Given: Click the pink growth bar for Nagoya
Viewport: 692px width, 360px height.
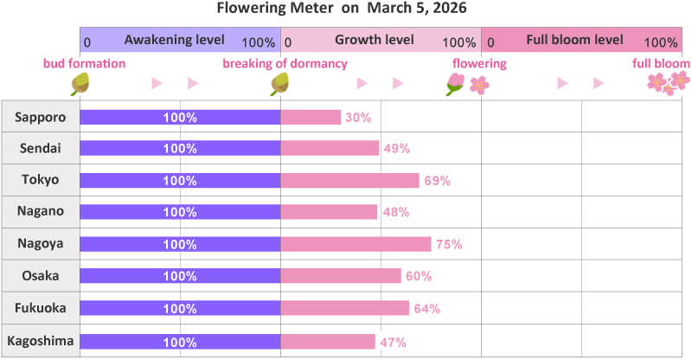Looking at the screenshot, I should (x=356, y=244).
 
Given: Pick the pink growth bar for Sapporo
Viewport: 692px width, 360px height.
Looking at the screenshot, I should (x=311, y=117).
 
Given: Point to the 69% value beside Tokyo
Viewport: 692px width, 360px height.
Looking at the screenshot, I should (x=437, y=181).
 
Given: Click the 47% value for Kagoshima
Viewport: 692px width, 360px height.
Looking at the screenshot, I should (x=393, y=342).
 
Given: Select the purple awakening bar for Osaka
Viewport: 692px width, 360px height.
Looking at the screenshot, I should (x=180, y=276).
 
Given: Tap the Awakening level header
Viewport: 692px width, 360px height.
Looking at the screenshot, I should (x=174, y=41).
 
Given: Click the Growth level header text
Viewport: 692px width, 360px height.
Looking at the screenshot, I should (x=374, y=41).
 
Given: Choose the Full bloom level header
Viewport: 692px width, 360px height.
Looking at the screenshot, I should (x=574, y=41).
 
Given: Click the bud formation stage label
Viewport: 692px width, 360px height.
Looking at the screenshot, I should (x=84, y=64).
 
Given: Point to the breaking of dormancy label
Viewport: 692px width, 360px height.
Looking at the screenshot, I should (x=285, y=64).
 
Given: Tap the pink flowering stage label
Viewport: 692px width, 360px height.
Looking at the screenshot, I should (x=479, y=64).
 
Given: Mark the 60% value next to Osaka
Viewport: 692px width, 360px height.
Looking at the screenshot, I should (x=419, y=277).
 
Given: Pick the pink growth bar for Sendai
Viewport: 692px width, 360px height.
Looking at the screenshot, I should (x=330, y=149).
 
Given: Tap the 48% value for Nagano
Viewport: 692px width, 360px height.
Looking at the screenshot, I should (x=394, y=212).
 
